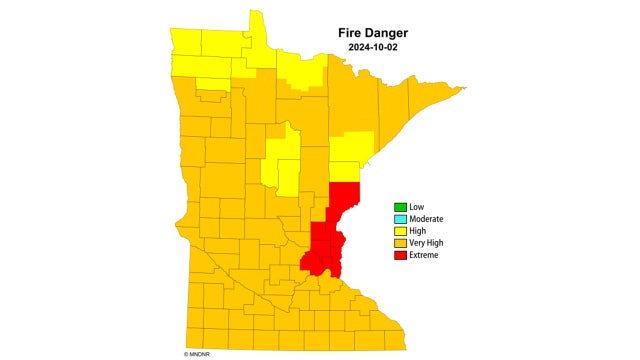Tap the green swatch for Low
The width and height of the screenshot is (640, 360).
pyautogui.click(x=400, y=207)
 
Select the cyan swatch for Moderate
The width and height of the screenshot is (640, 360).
pyautogui.click(x=400, y=219)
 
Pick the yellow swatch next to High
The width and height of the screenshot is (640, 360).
pyautogui.click(x=400, y=231)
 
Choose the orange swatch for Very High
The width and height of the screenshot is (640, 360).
pyautogui.click(x=400, y=243)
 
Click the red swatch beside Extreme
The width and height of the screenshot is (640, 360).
pyautogui.click(x=400, y=255)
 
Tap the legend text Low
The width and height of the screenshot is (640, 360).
pyautogui.click(x=417, y=207)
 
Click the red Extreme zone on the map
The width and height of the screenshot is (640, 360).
pyautogui.click(x=326, y=245)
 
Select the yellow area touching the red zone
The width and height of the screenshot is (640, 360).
pyautogui.click(x=345, y=170)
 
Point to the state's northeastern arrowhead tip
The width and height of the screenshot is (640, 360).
pyautogui.click(x=462, y=89)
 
